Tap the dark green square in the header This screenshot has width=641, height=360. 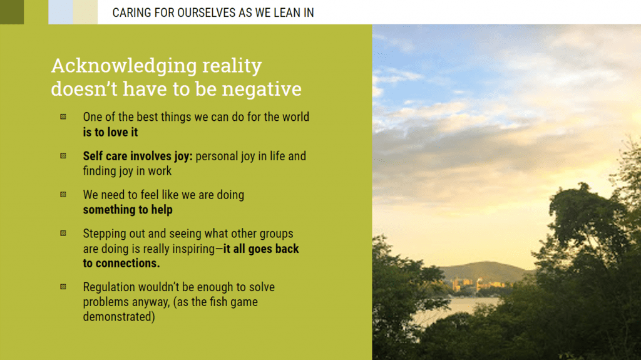point(12,12)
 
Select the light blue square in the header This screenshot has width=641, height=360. point(61,12)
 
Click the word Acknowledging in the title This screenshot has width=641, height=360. point(124,66)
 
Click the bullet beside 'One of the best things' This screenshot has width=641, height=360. point(63,117)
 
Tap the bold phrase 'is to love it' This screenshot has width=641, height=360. point(110,132)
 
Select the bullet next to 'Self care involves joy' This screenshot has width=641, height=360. point(63,156)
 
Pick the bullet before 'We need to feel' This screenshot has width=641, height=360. point(63,195)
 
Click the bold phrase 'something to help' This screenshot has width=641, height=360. point(128,210)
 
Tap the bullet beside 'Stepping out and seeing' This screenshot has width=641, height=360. point(63,233)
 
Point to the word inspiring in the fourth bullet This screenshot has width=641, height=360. point(193,249)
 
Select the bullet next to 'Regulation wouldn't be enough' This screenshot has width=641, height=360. point(63,287)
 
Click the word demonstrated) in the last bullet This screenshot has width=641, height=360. point(119,317)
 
